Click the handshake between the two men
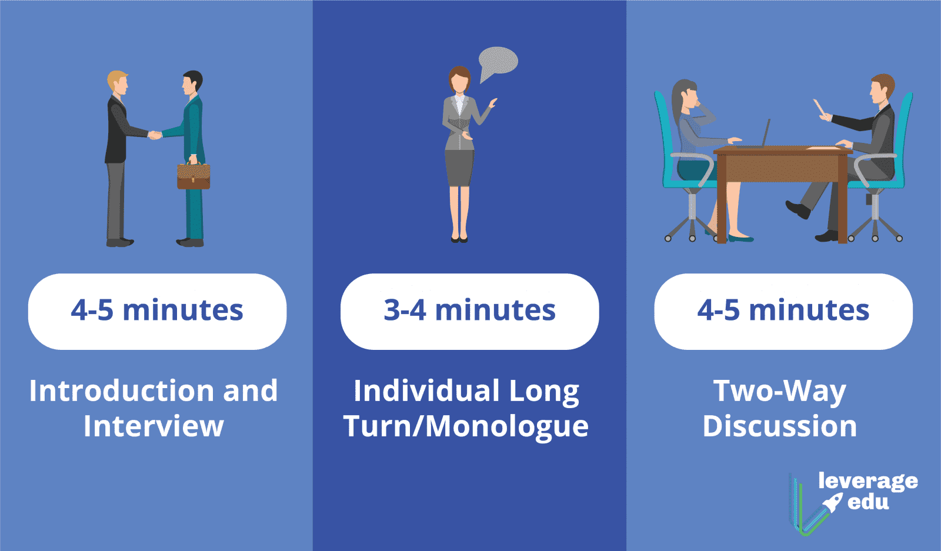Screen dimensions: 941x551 tap(155, 135)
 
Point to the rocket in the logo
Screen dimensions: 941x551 tap(833, 502)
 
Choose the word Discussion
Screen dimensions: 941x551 tap(780, 426)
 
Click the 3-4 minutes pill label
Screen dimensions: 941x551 tap(470, 311)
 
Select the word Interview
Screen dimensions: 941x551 tap(154, 426)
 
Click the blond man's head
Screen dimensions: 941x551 tap(118, 83)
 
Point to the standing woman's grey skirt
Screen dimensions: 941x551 tap(459, 168)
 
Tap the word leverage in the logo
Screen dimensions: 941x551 tap(868, 481)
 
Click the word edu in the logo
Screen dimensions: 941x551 tap(868, 502)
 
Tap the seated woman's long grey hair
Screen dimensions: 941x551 tap(680, 101)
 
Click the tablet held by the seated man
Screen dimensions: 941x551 tap(820, 108)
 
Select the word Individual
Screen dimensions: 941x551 tap(427, 391)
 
